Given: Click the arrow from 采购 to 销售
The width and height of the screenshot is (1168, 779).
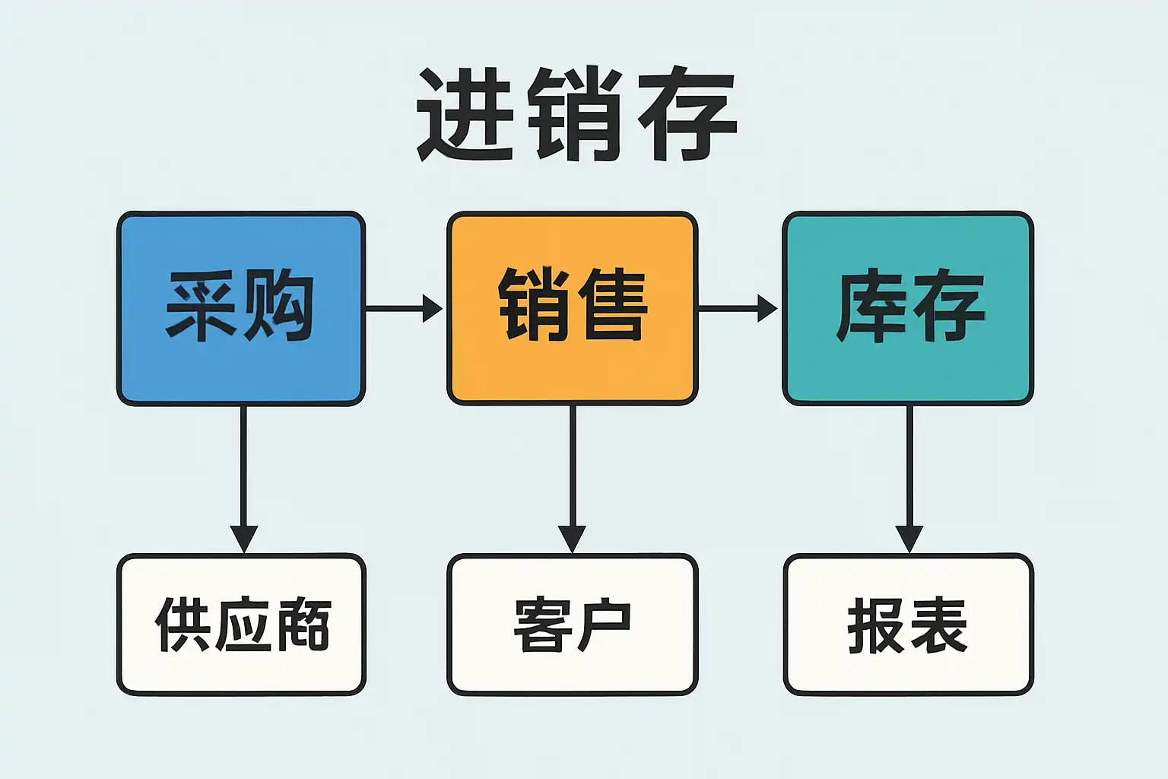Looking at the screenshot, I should (403, 308).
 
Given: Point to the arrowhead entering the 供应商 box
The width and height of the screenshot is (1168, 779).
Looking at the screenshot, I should (243, 538).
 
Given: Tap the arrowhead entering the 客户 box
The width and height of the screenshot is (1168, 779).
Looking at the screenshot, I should (572, 538).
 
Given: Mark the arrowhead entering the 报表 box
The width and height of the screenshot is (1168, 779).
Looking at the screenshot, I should (909, 538).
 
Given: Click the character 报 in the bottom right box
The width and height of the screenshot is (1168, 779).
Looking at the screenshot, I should (876, 625).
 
